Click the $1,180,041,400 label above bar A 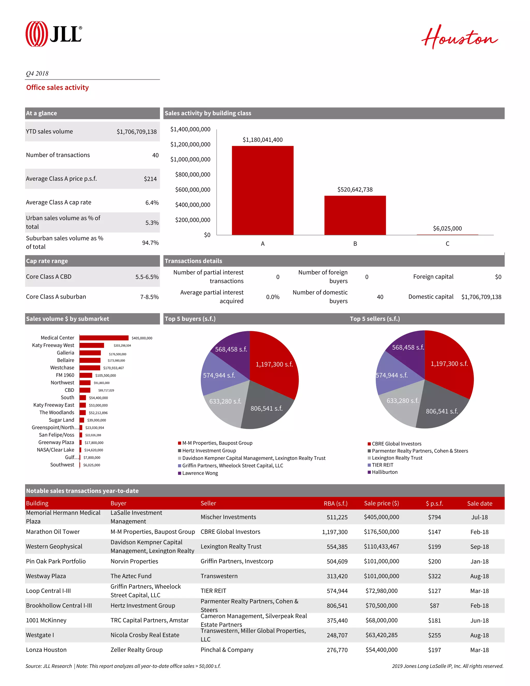click(x=262, y=140)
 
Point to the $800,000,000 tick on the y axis click(x=193, y=175)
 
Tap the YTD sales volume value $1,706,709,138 click(x=136, y=132)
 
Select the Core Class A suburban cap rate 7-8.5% click(x=149, y=297)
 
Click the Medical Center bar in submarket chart click(x=104, y=338)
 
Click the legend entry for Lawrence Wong click(x=200, y=473)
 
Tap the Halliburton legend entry click(x=384, y=472)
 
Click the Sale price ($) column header click(x=381, y=503)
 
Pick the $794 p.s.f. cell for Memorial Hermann click(x=434, y=517)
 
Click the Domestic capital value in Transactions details click(x=481, y=297)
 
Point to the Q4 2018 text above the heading click(x=37, y=73)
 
